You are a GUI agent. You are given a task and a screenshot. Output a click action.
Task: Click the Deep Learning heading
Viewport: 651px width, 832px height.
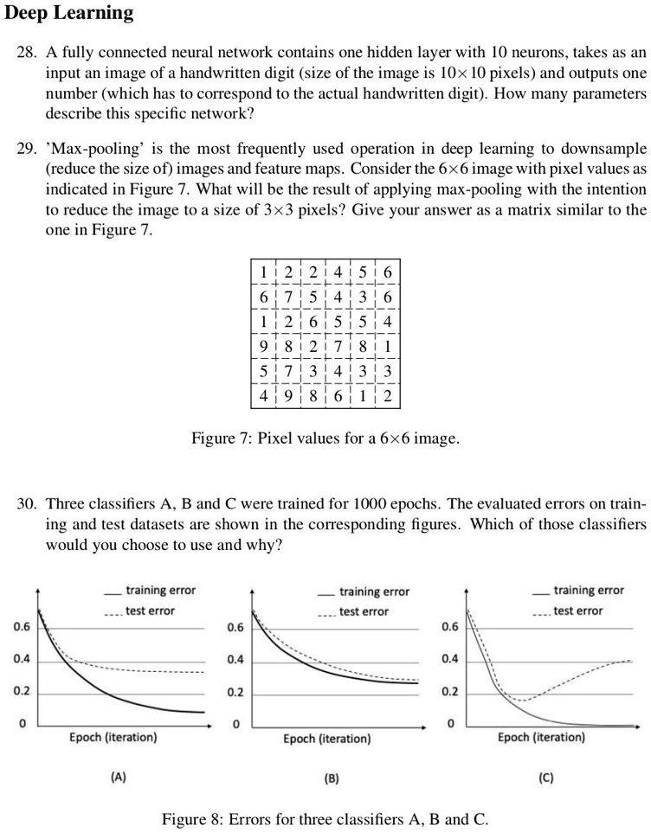[69, 13]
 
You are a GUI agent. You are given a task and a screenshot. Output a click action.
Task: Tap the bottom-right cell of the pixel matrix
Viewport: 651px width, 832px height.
[388, 398]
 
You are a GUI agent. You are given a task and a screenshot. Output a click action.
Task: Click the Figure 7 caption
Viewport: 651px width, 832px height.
[325, 438]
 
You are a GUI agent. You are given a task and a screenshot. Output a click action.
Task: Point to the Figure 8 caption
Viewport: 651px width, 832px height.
[325, 817]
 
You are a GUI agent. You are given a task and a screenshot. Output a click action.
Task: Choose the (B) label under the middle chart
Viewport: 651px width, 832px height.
[332, 778]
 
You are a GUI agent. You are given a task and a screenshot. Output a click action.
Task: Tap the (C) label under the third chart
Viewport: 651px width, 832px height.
[545, 777]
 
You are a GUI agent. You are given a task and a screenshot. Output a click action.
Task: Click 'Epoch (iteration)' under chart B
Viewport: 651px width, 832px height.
[327, 739]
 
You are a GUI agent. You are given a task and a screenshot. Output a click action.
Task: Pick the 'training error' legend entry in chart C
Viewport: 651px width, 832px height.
[589, 591]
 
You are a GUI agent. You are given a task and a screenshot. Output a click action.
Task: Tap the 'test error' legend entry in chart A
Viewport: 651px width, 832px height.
[150, 611]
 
